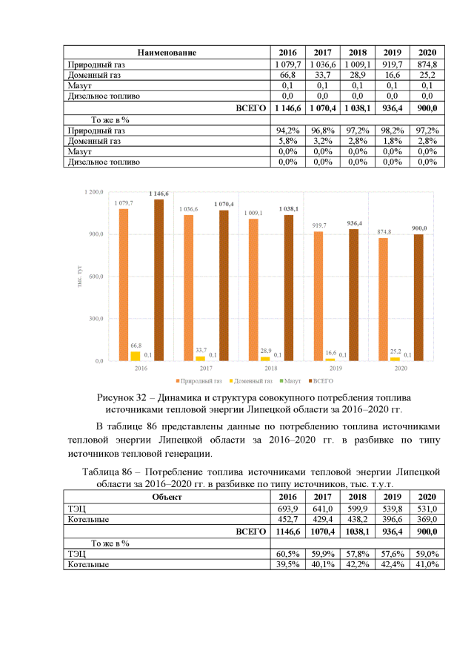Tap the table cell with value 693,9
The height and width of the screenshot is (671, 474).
(287, 509)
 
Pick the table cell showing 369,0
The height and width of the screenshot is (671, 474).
(427, 520)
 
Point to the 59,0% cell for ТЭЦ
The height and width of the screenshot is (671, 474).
(427, 553)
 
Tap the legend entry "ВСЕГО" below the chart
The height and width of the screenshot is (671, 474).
(322, 380)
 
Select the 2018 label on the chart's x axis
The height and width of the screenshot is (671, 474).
(270, 368)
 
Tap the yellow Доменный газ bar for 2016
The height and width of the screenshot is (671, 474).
(135, 356)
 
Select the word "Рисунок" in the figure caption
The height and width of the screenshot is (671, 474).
(118, 398)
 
